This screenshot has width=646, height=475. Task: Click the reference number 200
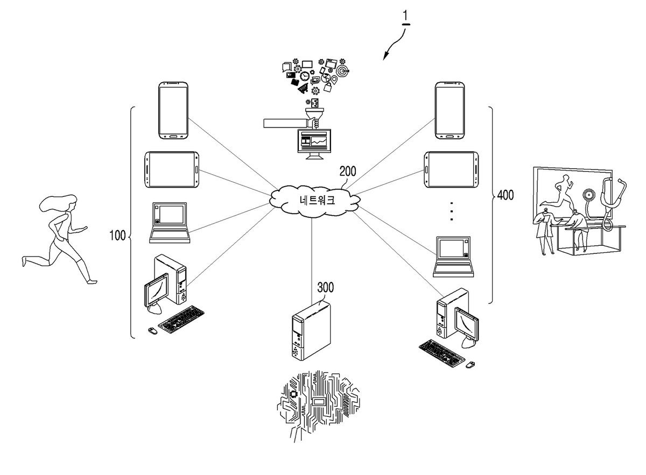(x=348, y=171)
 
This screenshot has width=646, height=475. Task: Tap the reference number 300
(x=326, y=287)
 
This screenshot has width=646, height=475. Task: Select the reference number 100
(x=117, y=235)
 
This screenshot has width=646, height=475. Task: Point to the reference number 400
(x=505, y=195)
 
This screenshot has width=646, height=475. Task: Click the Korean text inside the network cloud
(x=317, y=200)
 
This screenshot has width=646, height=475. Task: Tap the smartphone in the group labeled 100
(x=173, y=110)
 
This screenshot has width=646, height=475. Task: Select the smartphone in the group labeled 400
(x=450, y=110)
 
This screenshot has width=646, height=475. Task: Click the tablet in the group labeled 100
(x=172, y=170)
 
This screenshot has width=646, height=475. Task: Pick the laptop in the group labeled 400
(x=453, y=257)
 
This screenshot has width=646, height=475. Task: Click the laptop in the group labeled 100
(x=170, y=223)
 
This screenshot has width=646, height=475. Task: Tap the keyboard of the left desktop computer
(x=181, y=320)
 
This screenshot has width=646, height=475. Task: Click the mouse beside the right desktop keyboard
(x=470, y=365)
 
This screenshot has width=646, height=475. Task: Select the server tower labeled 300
(x=311, y=330)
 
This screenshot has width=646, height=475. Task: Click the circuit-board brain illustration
(x=318, y=405)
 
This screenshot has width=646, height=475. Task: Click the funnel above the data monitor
(x=314, y=114)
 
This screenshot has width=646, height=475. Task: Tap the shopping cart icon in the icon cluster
(x=303, y=88)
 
